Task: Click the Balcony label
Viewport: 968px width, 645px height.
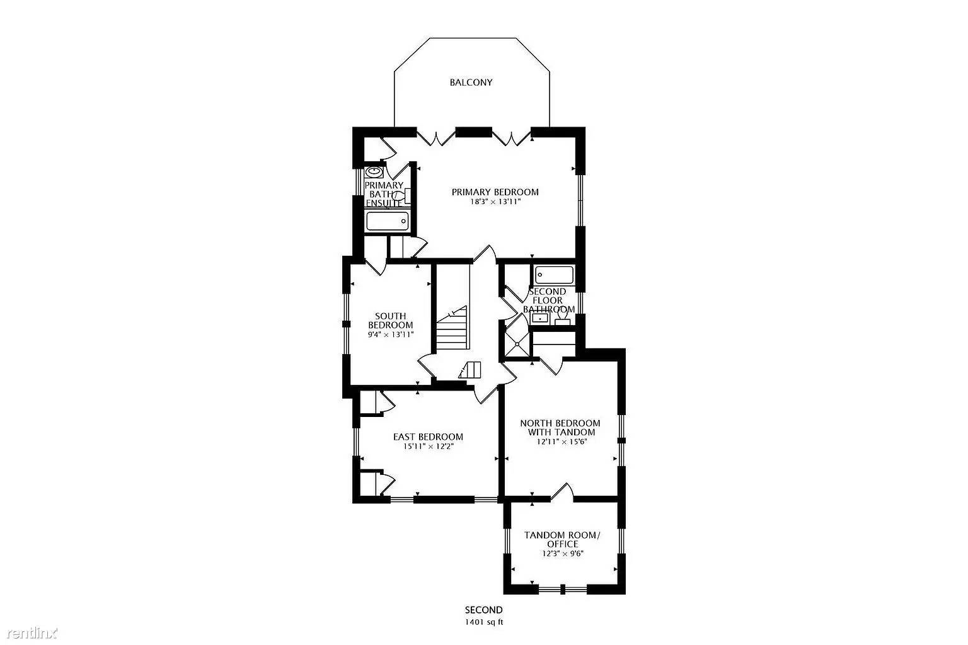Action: [471, 83]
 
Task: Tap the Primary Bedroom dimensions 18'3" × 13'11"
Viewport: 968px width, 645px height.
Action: [495, 202]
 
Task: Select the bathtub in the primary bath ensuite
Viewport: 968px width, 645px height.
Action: [387, 221]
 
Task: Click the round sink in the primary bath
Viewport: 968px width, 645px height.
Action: [374, 171]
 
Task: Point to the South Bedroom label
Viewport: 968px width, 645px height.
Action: [390, 321]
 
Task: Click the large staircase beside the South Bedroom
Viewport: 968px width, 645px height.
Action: [453, 328]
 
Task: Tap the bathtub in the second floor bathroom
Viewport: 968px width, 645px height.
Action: [554, 275]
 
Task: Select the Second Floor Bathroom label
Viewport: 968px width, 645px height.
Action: [548, 300]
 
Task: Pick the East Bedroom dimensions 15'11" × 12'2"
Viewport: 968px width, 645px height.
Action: [429, 446]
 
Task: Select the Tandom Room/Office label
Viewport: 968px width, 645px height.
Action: [562, 540]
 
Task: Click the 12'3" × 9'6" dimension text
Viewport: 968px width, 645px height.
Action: [562, 554]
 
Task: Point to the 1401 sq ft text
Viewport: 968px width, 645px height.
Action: [483, 622]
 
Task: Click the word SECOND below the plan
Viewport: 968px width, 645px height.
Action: [483, 610]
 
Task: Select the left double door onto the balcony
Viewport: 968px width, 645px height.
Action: [435, 137]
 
